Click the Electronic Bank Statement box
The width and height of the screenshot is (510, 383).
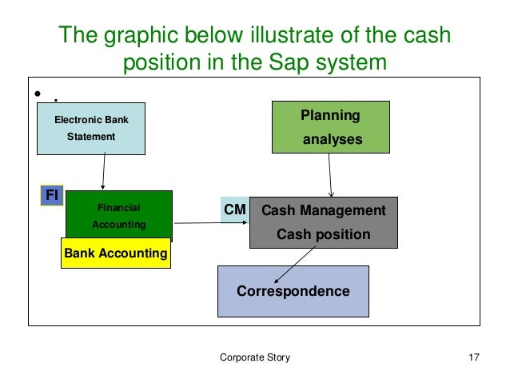91,128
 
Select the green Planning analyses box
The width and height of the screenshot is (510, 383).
331,126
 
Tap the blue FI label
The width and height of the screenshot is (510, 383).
52,194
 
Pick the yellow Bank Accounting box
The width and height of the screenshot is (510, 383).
115,253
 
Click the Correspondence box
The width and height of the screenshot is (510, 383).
293,291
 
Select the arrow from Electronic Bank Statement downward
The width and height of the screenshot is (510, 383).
104,171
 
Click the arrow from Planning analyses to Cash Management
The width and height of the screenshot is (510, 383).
329,174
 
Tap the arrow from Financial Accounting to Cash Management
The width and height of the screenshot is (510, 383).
211,221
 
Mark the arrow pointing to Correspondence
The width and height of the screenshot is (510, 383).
292,264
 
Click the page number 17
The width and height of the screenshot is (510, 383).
473,357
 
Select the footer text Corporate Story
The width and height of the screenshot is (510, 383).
255,357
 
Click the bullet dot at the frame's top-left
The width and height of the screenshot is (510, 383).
38,95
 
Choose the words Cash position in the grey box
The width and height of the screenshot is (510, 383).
323,235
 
